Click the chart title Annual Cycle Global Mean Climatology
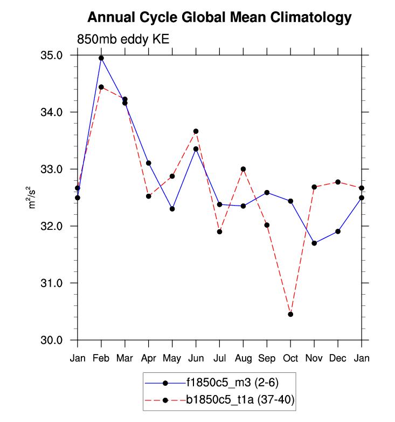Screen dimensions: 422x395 (219, 18)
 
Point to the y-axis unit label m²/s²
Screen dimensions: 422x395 (33, 198)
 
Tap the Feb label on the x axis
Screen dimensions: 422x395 (101, 358)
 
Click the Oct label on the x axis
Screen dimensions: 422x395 (290, 358)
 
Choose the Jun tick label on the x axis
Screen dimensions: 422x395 (196, 358)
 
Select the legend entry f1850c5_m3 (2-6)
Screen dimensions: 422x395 (232, 383)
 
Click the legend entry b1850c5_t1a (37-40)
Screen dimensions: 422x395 (240, 399)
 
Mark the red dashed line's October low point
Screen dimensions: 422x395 (290, 314)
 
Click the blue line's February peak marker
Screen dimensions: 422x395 (101, 58)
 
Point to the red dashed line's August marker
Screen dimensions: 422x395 (243, 169)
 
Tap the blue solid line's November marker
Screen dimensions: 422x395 (314, 243)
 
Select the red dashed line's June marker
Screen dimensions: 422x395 (196, 131)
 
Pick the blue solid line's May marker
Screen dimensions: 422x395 (172, 209)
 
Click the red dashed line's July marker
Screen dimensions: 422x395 (219, 232)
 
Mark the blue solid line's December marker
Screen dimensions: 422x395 (338, 232)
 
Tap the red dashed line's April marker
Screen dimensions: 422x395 (149, 196)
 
